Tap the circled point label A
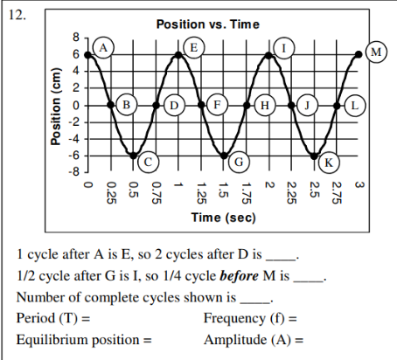pos(104,45)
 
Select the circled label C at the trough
pos(149,162)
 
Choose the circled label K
pos(329,162)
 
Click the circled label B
pos(127,105)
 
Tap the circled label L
pos(354,105)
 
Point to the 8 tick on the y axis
pos(76,39)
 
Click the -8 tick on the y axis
pos(74,170)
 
